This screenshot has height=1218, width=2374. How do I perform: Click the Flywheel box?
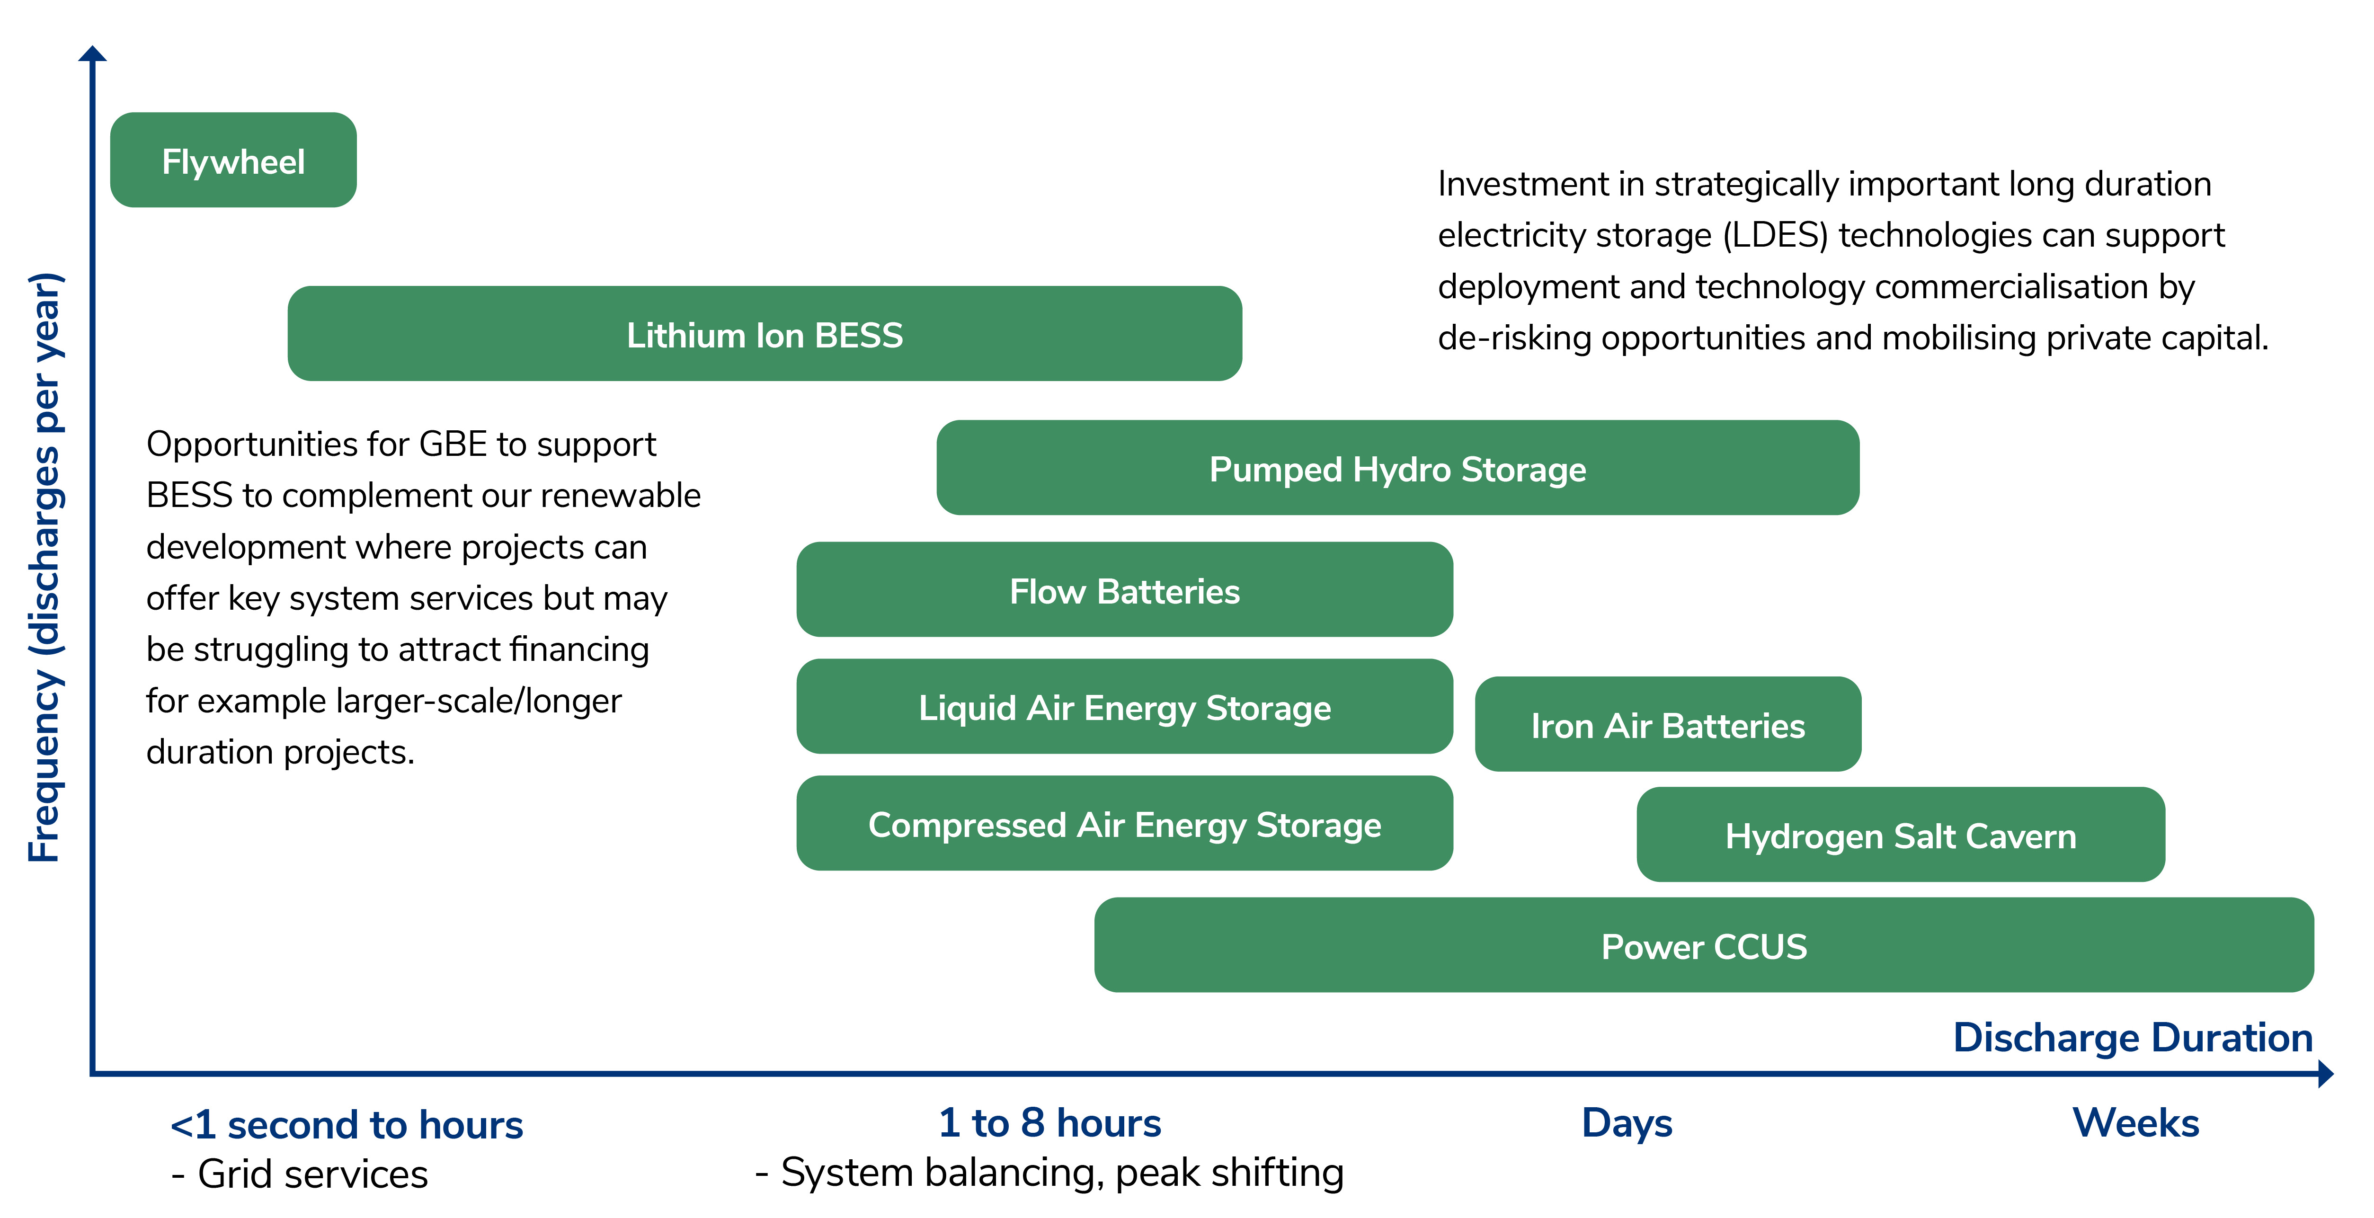[x=233, y=160]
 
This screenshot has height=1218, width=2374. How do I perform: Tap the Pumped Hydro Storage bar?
[x=1397, y=468]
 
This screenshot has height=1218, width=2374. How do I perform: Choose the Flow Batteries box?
[x=1124, y=590]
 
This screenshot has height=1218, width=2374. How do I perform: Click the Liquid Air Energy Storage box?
[x=1124, y=707]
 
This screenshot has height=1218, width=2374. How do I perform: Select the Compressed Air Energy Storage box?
[x=1124, y=824]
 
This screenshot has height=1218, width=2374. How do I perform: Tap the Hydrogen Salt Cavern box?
[x=1900, y=835]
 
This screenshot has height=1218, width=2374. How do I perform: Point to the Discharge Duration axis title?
[x=2133, y=1038]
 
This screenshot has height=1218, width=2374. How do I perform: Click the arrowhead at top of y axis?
[x=92, y=53]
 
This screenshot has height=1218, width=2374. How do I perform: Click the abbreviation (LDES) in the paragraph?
[x=1775, y=235]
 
